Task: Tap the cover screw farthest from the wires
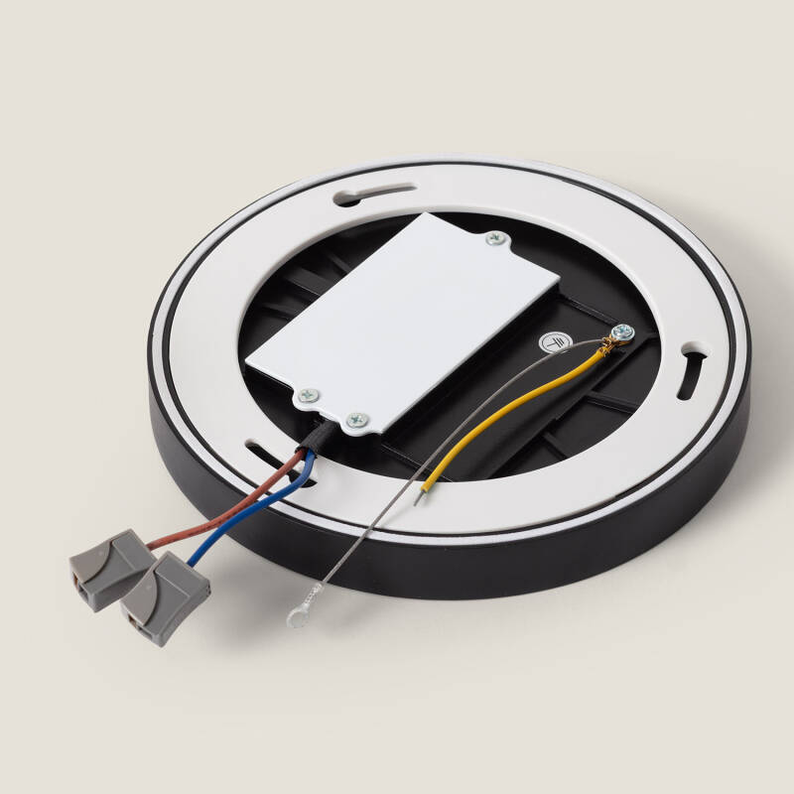click(493, 238)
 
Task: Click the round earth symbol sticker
click(552, 342)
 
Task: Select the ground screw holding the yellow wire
click(622, 333)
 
